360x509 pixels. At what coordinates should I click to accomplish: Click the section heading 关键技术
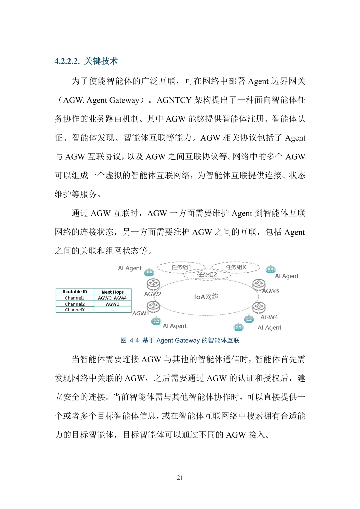pos(101,61)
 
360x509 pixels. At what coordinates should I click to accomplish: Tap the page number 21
pos(180,478)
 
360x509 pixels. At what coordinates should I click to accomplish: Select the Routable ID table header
pos(75,292)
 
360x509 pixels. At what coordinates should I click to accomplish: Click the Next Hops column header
pos(113,292)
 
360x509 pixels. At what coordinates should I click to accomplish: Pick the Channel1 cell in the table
pos(75,298)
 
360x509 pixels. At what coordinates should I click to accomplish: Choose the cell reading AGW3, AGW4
pos(112,298)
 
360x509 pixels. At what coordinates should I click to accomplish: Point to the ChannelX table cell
pos(75,310)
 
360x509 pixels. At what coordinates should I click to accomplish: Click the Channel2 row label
pos(75,304)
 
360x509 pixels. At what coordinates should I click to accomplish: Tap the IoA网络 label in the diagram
pos(206,297)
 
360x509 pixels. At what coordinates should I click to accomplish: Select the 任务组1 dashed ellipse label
pos(181,267)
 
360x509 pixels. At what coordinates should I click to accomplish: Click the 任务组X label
pos(236,267)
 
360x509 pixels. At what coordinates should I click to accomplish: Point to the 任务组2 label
pos(207,274)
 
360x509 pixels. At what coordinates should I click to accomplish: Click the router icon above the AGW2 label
pos(153,284)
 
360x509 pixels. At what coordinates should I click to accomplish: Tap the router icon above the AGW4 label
pos(259,307)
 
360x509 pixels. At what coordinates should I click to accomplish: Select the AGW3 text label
pos(270,291)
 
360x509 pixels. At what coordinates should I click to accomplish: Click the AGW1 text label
pos(140,313)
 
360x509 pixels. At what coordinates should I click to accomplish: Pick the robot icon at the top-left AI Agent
pos(149,272)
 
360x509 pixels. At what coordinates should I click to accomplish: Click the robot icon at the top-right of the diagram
pos(270,269)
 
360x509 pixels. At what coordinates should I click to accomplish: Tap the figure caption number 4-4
pos(134,340)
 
